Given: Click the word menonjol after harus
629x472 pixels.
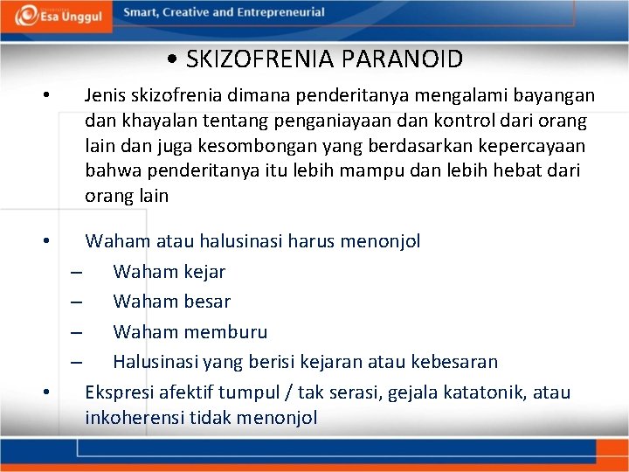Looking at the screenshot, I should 378,240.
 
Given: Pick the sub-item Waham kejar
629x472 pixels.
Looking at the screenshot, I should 169,271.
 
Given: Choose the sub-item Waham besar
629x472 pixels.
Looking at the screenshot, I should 171,302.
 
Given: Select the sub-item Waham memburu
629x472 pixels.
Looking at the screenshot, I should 190,332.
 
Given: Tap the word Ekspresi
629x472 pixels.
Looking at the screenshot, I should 121,392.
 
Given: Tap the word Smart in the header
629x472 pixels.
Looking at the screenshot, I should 142,13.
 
